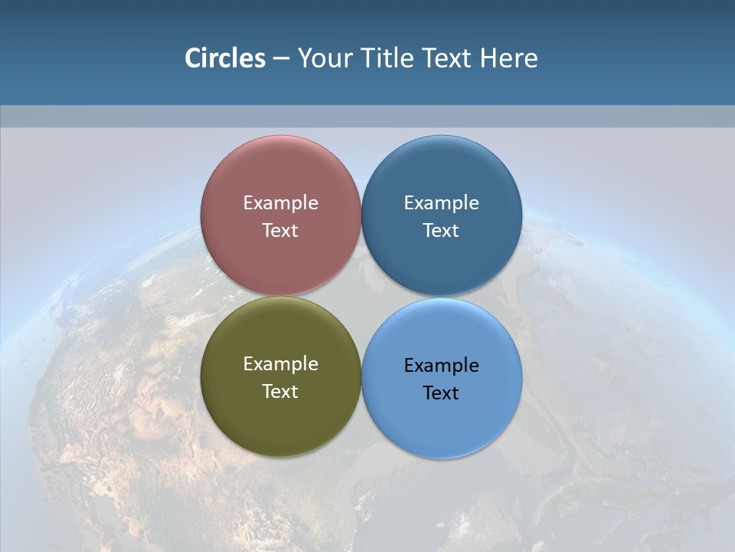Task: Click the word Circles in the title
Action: [225, 58]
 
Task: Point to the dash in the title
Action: [281, 59]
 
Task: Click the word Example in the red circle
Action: [280, 203]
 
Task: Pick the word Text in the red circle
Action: [280, 230]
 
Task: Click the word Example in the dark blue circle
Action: [441, 203]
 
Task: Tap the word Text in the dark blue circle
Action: [441, 230]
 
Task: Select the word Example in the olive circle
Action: [280, 364]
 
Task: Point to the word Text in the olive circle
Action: [280, 391]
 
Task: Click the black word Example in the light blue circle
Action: [441, 366]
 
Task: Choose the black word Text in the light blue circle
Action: [441, 393]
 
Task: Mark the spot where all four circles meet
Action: [361, 297]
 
